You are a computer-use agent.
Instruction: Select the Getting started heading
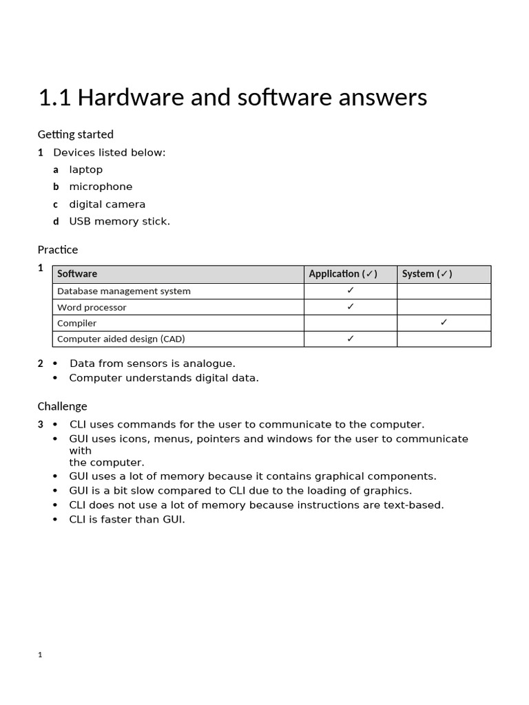pos(76,134)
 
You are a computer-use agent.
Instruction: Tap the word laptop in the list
pos(86,169)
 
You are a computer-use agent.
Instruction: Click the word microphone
pos(101,187)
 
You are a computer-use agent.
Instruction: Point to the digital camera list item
pos(107,204)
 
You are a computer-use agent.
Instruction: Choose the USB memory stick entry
pos(119,222)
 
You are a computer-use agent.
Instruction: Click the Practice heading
pos(58,249)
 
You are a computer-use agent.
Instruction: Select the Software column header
pos(77,274)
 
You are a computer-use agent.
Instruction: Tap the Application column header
pos(342,274)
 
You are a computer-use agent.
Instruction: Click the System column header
pos(426,274)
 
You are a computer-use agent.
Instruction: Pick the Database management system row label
pos(124,291)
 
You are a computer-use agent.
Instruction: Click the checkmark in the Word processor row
pos(351,306)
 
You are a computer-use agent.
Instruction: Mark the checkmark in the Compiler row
pos(444,322)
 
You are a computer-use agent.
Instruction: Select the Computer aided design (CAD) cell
pos(121,339)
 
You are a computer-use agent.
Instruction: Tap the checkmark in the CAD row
pos(351,338)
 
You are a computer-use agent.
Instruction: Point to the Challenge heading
pos(63,406)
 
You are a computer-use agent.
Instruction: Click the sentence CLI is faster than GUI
pos(127,520)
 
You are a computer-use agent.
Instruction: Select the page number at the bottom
pos(40,655)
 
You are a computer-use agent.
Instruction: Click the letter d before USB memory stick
pos(56,222)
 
